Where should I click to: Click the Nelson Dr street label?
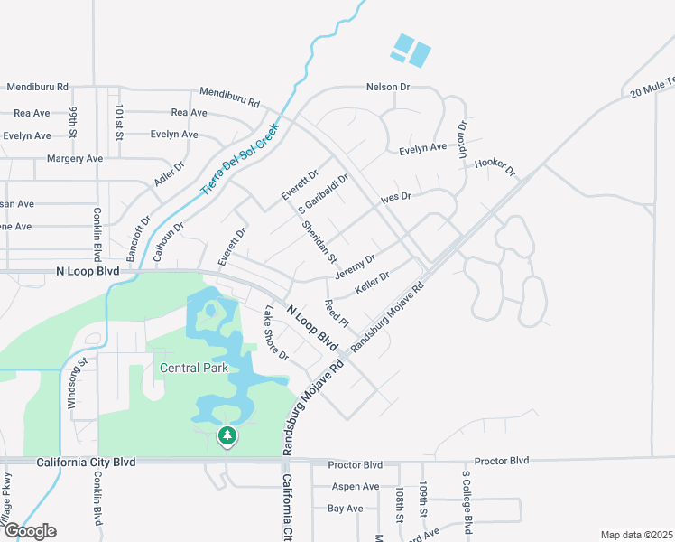tap(388, 87)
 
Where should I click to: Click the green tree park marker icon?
tap(227, 437)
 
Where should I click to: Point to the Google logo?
tap(29, 531)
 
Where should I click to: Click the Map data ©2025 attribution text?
tap(635, 535)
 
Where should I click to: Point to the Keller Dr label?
tap(372, 283)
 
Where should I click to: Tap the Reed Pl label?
tap(336, 313)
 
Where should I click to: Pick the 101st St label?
tap(119, 122)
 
